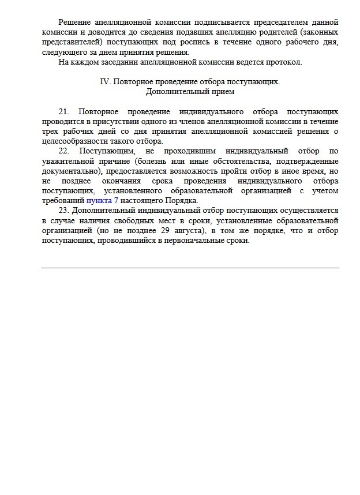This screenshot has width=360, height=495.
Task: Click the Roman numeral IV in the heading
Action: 104,81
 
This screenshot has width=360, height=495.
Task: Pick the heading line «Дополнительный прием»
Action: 190,91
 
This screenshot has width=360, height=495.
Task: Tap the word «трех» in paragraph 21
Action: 50,130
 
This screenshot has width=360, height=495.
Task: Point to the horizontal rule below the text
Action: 190,268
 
